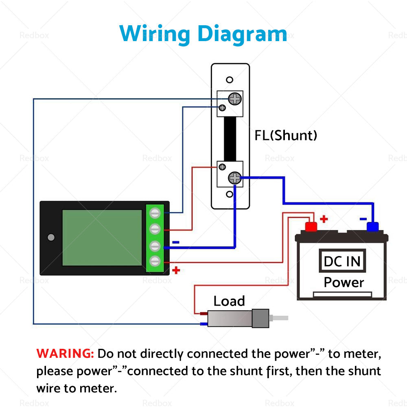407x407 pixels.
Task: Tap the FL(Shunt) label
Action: point(286,135)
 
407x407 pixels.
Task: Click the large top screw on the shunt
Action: point(234,98)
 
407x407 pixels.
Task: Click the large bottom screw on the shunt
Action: point(234,178)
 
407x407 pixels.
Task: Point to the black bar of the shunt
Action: point(230,138)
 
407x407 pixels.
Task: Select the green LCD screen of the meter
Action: point(102,238)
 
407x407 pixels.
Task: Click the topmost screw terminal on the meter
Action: point(155,213)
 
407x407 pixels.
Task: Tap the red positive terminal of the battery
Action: point(311,226)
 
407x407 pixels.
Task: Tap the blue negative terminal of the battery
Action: point(372,226)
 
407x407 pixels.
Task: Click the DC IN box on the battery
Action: point(342,261)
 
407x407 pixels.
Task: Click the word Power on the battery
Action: point(344,282)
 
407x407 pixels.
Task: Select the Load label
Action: point(229,301)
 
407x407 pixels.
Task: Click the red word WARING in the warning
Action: point(66,353)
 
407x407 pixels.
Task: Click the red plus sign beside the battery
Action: point(324,219)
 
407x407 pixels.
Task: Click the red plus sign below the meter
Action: point(176,270)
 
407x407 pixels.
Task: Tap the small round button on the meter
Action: point(51,237)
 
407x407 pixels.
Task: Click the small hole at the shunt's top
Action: point(230,80)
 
